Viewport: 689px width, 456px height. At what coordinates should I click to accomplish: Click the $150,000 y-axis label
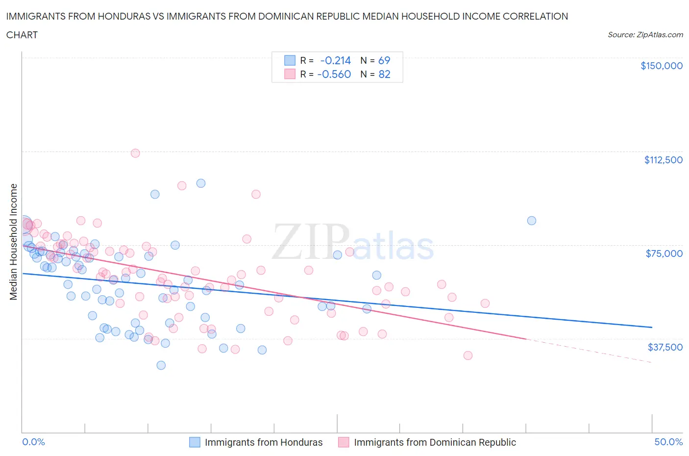661,66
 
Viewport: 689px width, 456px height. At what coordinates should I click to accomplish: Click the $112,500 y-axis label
663,160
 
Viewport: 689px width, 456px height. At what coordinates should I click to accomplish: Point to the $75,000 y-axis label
664,253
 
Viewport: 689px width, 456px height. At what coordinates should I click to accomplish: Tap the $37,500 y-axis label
665,347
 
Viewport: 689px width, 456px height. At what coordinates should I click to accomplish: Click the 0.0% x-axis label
33,442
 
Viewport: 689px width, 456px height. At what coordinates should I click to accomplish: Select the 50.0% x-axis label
668,442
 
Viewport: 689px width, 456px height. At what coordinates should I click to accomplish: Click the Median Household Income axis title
14,242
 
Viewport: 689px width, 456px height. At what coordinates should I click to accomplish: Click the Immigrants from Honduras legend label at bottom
264,442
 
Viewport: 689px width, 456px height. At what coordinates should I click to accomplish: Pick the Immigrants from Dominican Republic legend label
435,442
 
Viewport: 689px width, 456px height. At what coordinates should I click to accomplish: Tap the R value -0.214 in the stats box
336,60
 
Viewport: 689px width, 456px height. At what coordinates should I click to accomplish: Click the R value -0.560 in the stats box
334,74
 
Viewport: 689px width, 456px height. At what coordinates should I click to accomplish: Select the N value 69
384,60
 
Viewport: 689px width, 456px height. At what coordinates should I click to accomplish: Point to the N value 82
384,74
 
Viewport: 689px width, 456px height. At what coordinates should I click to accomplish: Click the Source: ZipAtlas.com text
645,34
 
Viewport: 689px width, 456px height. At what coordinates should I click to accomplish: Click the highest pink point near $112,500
135,153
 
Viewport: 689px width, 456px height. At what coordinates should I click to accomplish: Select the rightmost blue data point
531,221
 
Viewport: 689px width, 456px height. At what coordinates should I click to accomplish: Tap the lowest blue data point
161,365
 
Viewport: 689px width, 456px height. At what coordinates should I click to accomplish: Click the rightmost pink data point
485,303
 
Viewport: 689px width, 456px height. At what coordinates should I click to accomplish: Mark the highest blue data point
201,183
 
